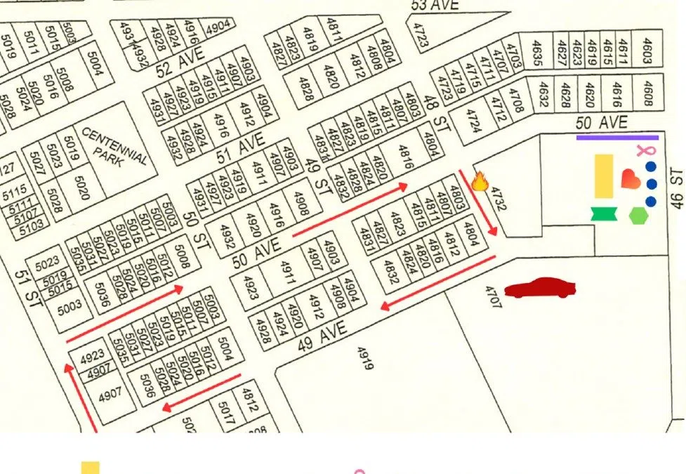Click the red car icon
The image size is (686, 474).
click(x=540, y=288)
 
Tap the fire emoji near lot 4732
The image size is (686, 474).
click(x=480, y=182)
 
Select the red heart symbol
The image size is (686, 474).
click(x=631, y=180)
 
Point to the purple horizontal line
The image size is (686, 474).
click(x=617, y=138)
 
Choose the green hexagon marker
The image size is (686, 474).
click(x=638, y=216)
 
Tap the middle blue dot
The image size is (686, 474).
click(x=651, y=184)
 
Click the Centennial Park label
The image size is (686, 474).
click(x=114, y=147)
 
